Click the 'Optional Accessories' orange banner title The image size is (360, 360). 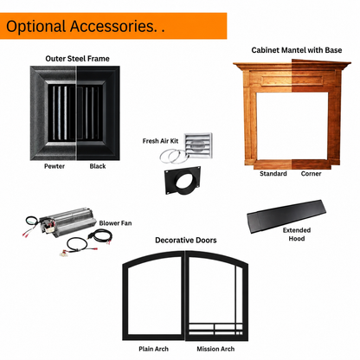click(86, 26)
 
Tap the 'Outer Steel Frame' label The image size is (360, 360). click(77, 59)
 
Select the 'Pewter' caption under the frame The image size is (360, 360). click(55, 166)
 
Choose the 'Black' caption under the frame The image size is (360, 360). click(98, 166)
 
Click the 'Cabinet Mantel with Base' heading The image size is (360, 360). click(297, 50)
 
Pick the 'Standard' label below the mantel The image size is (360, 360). click(273, 174)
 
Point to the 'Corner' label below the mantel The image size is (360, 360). click(311, 174)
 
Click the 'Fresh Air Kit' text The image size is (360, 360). click(160, 141)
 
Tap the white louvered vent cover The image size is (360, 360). click(198, 145)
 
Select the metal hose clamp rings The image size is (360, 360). click(173, 156)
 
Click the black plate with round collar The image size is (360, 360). click(183, 180)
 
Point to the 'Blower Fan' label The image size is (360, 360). click(115, 223)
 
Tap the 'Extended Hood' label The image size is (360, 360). click(297, 235)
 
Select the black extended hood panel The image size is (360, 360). click(286, 215)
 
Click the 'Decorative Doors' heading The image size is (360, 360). click(186, 241)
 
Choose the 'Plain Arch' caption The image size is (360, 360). click(153, 349)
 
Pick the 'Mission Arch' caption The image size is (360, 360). click(215, 349)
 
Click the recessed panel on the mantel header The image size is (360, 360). click(292, 80)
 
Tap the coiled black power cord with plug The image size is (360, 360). click(100, 236)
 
